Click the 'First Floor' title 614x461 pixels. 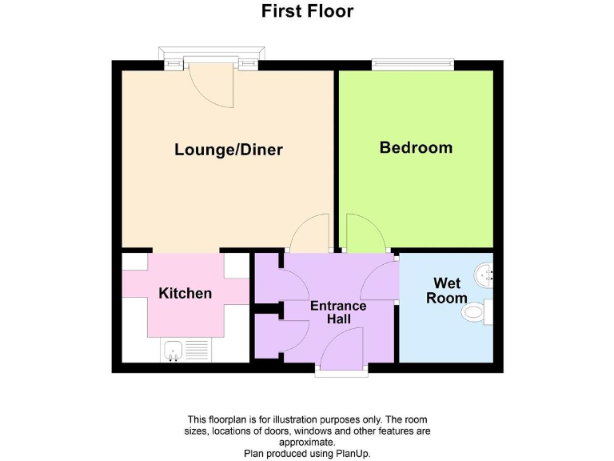click(307, 11)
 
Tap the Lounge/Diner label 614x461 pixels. click(229, 150)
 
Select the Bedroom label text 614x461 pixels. click(416, 147)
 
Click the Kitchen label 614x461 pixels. click(185, 293)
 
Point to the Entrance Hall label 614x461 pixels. click(338, 312)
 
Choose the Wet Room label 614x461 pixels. click(446, 290)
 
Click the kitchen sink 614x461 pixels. click(185, 350)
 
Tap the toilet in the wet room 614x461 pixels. click(477, 311)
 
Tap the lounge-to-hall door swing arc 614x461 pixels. click(309, 233)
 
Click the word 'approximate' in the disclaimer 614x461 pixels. click(307, 442)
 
